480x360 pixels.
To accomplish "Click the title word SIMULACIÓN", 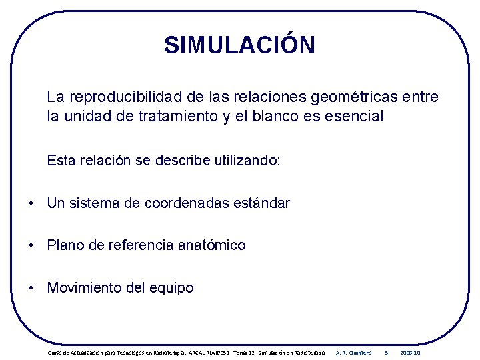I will click(x=239, y=45).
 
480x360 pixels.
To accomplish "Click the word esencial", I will click(x=354, y=117).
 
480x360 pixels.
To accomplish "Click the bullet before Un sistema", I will click(x=31, y=203).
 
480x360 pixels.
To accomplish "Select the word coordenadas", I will click(x=182, y=203).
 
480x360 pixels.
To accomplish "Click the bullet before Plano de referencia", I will click(x=31, y=246).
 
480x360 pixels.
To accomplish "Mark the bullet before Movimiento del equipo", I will click(x=31, y=289).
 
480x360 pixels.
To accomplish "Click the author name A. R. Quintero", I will click(x=354, y=352).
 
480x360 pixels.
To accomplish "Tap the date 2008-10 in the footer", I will click(x=410, y=352).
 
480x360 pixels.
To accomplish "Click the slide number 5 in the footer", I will click(x=387, y=352).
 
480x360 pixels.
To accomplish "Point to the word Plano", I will click(x=65, y=246).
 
